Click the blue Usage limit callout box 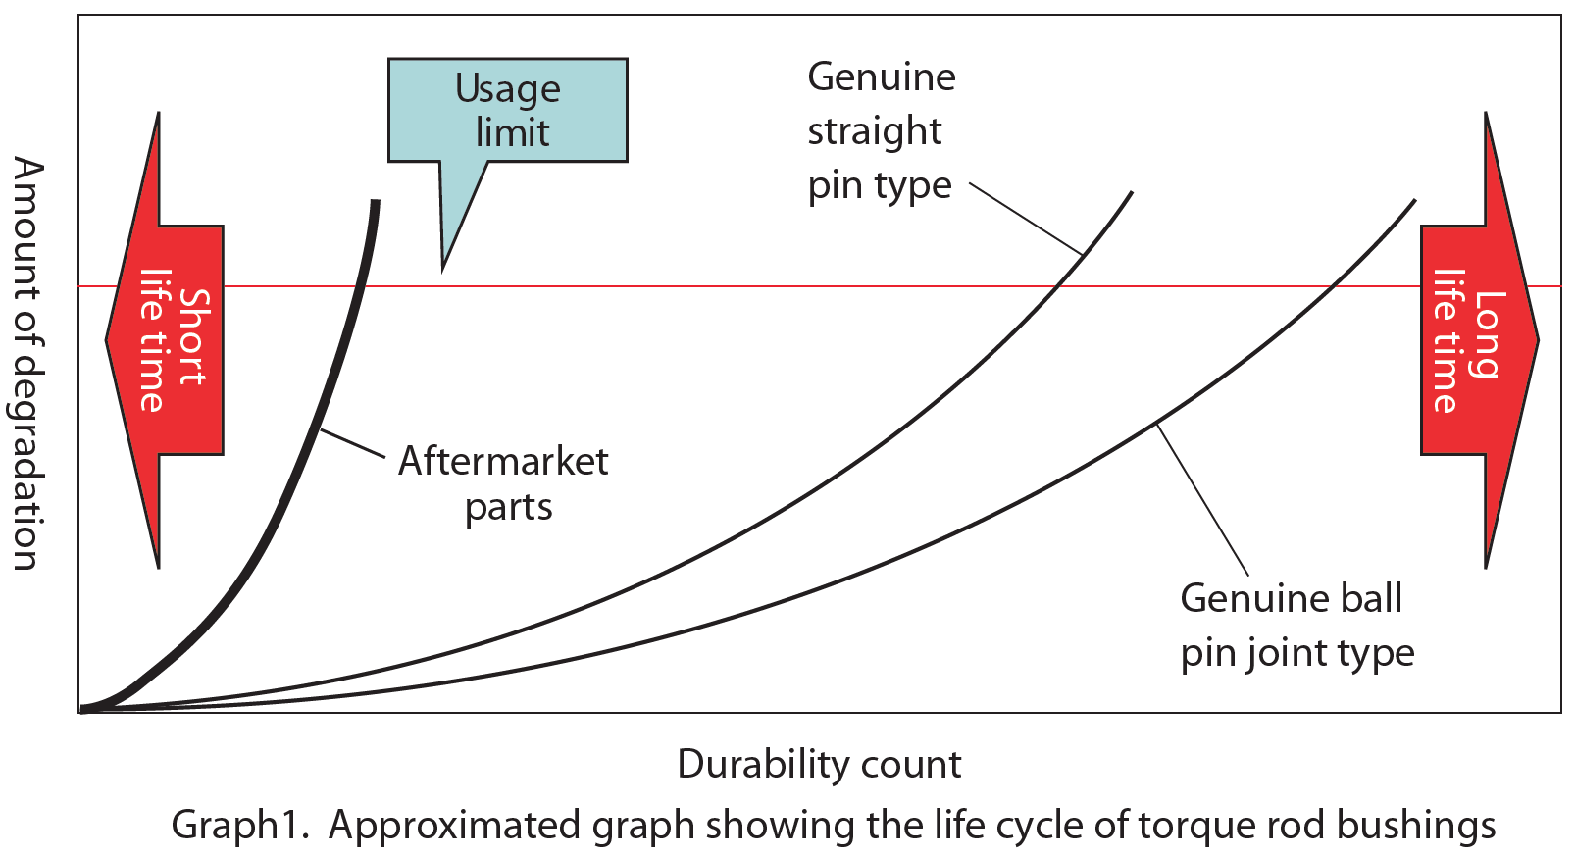pos(507,110)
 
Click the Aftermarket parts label pos(504,483)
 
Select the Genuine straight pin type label pos(881,131)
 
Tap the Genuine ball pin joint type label pos(1296,626)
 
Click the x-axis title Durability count pos(819,765)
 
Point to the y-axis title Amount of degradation pos(27,363)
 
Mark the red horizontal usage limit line pos(686,286)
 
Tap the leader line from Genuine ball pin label pos(1202,500)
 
